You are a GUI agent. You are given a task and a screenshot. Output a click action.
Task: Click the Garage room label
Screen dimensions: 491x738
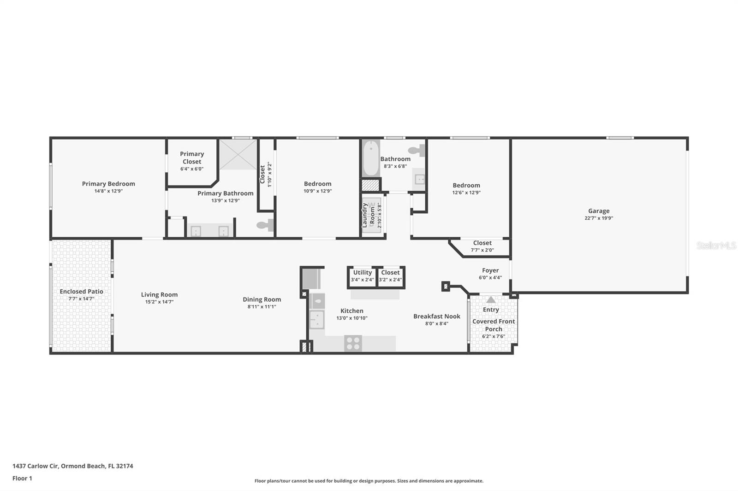(598, 211)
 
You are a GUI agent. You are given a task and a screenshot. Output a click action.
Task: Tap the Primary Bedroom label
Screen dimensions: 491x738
(108, 184)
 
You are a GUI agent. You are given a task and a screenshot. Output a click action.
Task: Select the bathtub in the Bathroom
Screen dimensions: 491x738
(370, 158)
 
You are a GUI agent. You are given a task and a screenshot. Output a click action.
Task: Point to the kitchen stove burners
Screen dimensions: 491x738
(353, 344)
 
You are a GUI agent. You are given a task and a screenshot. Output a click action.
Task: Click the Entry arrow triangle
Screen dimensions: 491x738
(491, 300)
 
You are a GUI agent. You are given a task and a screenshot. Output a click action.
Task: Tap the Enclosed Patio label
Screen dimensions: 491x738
(81, 292)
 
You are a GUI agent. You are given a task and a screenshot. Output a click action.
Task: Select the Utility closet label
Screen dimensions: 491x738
(362, 273)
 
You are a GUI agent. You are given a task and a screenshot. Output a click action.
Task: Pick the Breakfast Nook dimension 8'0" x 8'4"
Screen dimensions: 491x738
(436, 324)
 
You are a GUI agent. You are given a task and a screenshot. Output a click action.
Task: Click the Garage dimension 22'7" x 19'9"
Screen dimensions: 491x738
(598, 218)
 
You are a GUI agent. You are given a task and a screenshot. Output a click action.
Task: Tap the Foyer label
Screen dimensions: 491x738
(490, 271)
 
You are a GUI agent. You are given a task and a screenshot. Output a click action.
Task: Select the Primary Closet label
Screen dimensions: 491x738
(192, 158)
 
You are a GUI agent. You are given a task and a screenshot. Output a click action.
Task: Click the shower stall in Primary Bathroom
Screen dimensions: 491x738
(238, 154)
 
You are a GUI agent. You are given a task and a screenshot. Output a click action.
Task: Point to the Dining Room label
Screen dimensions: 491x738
(262, 299)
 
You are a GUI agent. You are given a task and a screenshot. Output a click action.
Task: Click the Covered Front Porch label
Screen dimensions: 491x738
(494, 325)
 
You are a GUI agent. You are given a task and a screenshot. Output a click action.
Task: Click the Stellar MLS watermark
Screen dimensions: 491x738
(716, 245)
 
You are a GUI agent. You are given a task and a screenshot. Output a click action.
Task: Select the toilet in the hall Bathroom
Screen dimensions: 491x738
(416, 150)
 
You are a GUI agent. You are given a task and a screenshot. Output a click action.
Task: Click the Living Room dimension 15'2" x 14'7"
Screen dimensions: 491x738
(159, 302)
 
